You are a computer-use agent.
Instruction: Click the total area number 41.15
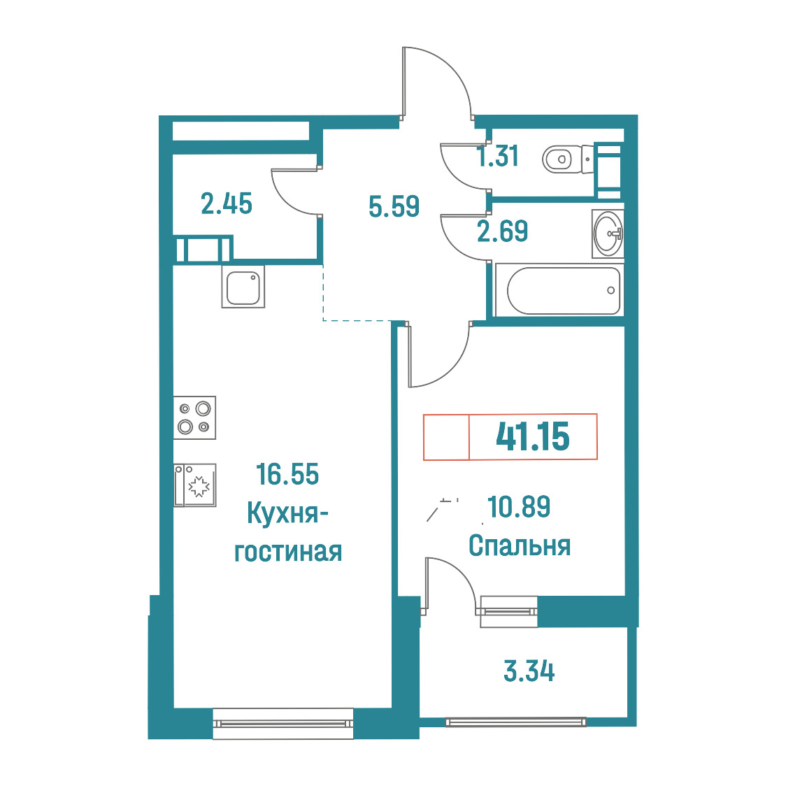click(x=532, y=436)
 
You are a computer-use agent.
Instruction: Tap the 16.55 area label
click(x=287, y=474)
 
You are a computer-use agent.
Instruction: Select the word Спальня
click(x=520, y=545)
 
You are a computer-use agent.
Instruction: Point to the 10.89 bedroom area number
click(x=519, y=506)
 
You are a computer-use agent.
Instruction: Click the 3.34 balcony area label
click(x=529, y=671)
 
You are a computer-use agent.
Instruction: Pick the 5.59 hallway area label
click(x=394, y=206)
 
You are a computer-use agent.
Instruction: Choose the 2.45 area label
click(x=227, y=204)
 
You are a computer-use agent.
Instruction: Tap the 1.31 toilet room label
click(x=498, y=156)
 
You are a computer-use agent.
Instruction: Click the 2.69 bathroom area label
click(x=502, y=231)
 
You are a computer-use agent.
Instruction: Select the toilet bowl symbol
click(x=567, y=159)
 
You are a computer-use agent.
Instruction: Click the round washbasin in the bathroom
click(x=608, y=234)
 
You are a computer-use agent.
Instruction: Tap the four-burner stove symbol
click(x=194, y=417)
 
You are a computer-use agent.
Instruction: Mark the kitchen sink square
click(x=243, y=286)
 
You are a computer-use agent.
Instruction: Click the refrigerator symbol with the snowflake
click(x=194, y=485)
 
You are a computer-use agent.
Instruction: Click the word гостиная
click(x=288, y=552)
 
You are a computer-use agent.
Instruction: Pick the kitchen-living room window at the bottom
click(x=283, y=723)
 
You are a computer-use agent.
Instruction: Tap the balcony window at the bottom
click(x=516, y=722)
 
